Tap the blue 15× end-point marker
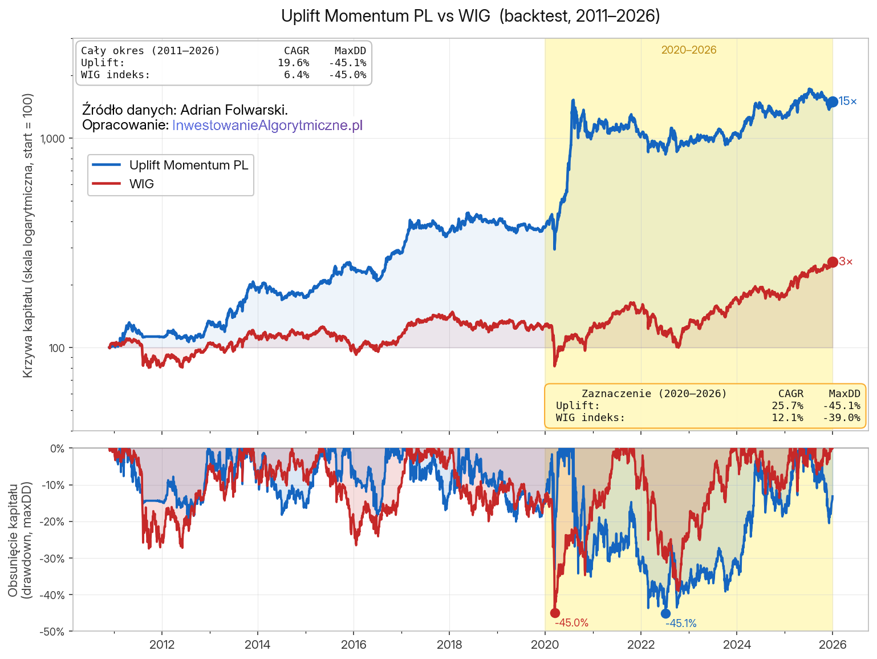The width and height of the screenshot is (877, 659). [x=833, y=102]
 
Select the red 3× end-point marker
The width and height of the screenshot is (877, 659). [x=833, y=262]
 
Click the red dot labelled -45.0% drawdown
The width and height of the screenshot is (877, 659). [x=555, y=613]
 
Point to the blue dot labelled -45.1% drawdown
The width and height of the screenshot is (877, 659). [x=665, y=613]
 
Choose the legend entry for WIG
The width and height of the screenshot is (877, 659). [x=141, y=184]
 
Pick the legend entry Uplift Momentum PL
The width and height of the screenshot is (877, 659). [x=188, y=165]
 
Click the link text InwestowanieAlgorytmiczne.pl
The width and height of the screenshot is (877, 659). [x=267, y=125]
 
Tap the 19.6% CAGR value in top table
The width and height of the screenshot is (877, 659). [x=293, y=63]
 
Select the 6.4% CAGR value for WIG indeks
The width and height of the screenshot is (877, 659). [x=297, y=75]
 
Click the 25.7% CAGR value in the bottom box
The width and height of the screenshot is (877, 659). [x=787, y=406]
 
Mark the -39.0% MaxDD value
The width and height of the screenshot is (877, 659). [x=842, y=418]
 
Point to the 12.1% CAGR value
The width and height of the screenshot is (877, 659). [x=787, y=418]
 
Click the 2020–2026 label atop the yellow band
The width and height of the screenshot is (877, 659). [x=689, y=50]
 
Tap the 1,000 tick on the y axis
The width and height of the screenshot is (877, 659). [x=54, y=139]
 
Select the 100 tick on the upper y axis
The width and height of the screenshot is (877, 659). [x=58, y=348]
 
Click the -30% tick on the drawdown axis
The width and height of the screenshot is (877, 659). [x=52, y=559]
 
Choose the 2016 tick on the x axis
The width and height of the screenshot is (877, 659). [x=354, y=645]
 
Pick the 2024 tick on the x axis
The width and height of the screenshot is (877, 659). [x=737, y=645]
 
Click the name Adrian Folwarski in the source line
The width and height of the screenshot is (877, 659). [x=233, y=110]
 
